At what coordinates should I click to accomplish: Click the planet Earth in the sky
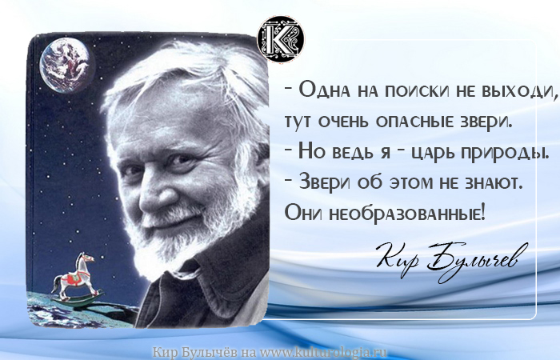[65, 66]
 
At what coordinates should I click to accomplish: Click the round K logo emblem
[281, 39]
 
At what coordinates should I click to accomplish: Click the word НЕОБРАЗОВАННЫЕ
[407, 214]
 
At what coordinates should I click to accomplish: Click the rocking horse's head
[86, 258]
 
